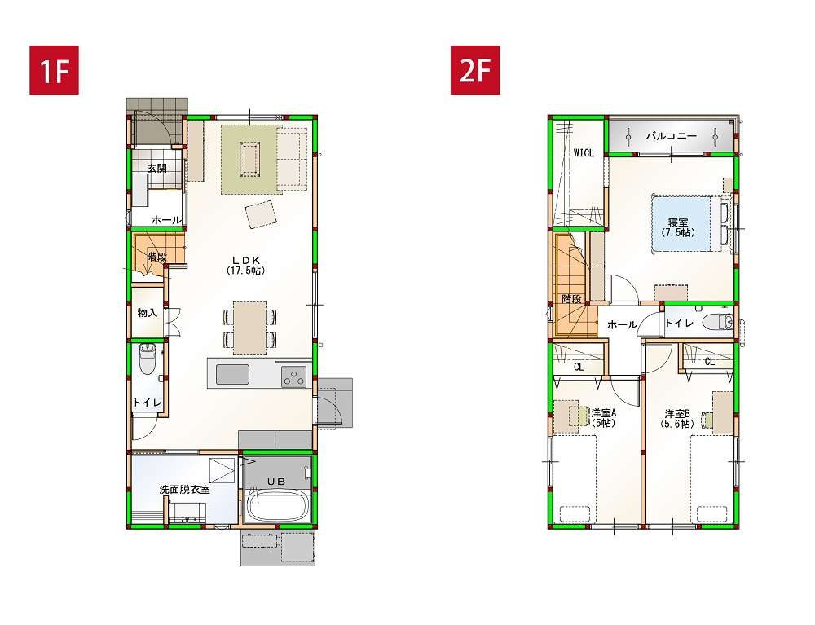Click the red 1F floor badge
point(54,70)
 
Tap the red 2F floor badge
point(475,70)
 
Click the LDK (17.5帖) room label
point(246,265)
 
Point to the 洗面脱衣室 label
point(184,490)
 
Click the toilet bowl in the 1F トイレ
point(148,359)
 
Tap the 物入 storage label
point(147,312)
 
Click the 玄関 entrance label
point(156,169)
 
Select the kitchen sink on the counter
point(232,374)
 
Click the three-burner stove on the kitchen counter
point(294,376)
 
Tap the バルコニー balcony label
point(671,136)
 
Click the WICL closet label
point(584,153)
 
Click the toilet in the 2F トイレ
point(718,323)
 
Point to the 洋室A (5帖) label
point(603,418)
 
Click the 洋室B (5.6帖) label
point(677,419)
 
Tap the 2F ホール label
point(622,324)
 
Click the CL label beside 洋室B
point(710,362)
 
